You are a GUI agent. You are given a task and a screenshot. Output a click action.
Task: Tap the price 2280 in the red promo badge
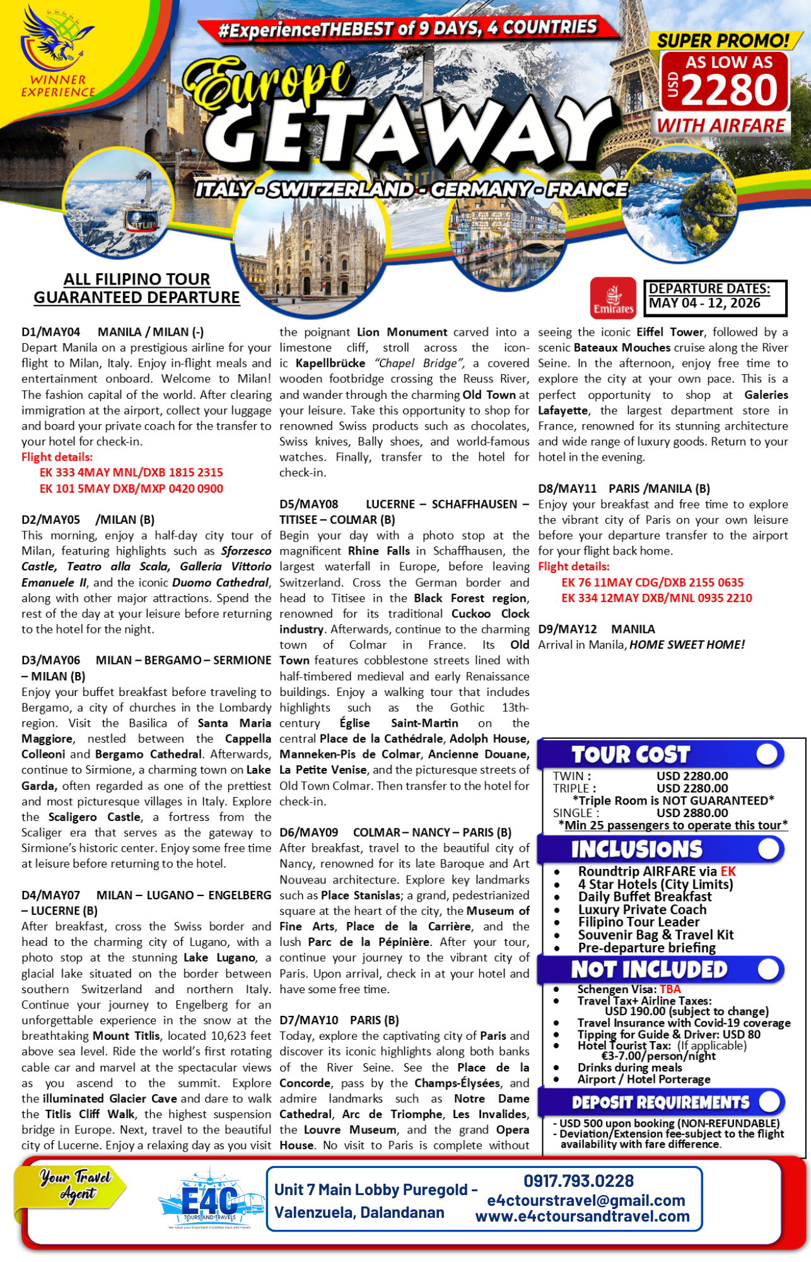click(730, 90)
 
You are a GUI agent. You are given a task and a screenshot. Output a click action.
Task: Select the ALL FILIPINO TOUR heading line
click(136, 280)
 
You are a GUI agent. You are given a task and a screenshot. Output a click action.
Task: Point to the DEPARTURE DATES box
click(715, 297)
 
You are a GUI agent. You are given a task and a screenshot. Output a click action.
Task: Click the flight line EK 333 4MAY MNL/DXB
click(131, 473)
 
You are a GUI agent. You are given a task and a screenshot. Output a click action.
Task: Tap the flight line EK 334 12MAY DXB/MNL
click(656, 598)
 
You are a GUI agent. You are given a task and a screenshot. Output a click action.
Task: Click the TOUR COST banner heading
click(631, 755)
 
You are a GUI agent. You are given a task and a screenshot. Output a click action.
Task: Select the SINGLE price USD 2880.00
click(692, 813)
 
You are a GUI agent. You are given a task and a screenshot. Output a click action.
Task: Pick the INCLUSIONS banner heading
click(636, 849)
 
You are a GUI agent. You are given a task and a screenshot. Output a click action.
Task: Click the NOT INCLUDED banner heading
click(649, 969)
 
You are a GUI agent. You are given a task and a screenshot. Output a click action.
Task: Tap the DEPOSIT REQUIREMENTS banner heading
click(660, 1102)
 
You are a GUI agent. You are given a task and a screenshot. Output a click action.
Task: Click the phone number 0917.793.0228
click(578, 1181)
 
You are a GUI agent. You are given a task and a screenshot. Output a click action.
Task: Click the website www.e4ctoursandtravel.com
click(582, 1217)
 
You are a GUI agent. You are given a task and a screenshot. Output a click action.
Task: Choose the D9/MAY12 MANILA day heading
click(597, 629)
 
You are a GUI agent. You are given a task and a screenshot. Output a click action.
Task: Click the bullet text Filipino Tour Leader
click(638, 922)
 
